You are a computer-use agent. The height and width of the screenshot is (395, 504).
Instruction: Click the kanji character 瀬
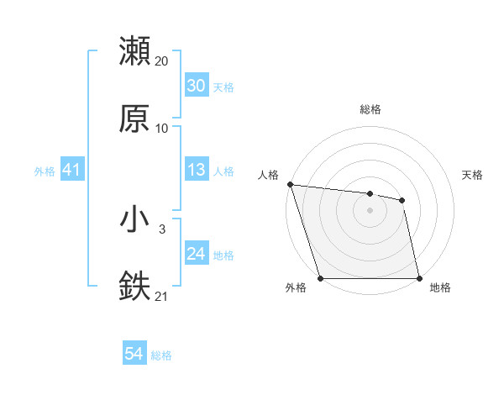coord(134,52)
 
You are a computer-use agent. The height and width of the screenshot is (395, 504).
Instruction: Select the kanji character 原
coord(134,118)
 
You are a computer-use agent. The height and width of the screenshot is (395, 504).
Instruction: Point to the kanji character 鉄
coord(134,286)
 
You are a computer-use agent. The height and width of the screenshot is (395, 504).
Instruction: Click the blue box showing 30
coord(196,86)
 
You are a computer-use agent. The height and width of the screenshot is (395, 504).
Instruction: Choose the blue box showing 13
coord(196,171)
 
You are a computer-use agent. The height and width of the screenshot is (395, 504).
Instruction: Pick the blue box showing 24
coord(196,254)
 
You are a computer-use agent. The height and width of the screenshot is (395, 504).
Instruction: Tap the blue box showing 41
coord(71,171)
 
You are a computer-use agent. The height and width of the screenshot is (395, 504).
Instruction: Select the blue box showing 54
coord(134,355)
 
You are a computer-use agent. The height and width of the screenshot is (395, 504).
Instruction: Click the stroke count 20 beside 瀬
coord(162,61)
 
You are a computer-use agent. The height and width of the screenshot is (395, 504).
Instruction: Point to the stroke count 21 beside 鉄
coord(162,295)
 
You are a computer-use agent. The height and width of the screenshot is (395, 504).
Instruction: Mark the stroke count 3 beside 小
coord(161,229)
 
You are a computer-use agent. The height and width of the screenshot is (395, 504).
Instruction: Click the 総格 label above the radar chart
coord(370,109)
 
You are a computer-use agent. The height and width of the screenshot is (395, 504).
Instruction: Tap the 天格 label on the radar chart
coord(472,175)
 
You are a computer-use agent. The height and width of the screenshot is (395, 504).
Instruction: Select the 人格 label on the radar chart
coord(268,175)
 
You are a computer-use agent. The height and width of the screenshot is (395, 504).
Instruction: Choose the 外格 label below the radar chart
coord(296,288)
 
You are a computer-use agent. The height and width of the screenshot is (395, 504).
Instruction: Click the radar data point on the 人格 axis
coord(290,184)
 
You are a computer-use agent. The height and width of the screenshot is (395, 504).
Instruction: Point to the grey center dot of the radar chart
coord(370,210)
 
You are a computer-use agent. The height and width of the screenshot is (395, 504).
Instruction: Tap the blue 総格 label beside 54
coord(161,355)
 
